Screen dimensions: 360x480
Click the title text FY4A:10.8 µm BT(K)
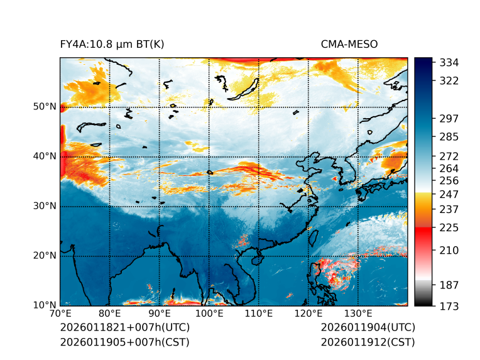click(112, 44)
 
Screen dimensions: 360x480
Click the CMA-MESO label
click(349, 44)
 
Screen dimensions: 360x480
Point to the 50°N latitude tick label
click(45, 107)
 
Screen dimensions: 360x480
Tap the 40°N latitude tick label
click(45, 156)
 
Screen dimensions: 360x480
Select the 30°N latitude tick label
click(45, 206)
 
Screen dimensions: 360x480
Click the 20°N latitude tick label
click(45, 256)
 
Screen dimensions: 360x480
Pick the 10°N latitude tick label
click(45, 305)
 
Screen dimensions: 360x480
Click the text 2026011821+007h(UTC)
click(124, 328)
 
